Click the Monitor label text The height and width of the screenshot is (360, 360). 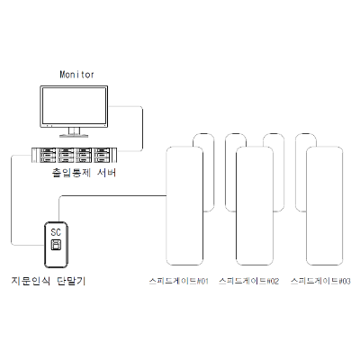(x=76, y=74)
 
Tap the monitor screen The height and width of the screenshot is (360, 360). (x=74, y=106)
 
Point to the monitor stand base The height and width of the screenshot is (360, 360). (x=74, y=136)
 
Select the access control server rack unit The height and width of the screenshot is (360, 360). (x=74, y=155)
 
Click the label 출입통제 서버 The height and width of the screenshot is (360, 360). (x=84, y=173)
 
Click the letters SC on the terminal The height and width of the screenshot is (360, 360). (x=56, y=232)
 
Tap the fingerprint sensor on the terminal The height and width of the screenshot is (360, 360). (x=56, y=245)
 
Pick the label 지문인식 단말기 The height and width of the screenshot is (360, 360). (x=49, y=281)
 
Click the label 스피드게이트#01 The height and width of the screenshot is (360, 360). (x=179, y=281)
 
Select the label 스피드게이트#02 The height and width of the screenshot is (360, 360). (x=249, y=281)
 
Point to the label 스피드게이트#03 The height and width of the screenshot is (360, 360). (x=320, y=281)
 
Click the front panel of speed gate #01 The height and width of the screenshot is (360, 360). (x=184, y=206)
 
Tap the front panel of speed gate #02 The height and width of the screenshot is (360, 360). (x=255, y=206)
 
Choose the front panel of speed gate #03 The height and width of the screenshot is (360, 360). (x=324, y=206)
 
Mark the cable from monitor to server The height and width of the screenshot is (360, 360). (x=142, y=129)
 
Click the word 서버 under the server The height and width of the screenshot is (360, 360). (x=106, y=173)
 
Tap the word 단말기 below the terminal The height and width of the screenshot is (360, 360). (x=71, y=281)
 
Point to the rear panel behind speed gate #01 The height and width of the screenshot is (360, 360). (x=209, y=173)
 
